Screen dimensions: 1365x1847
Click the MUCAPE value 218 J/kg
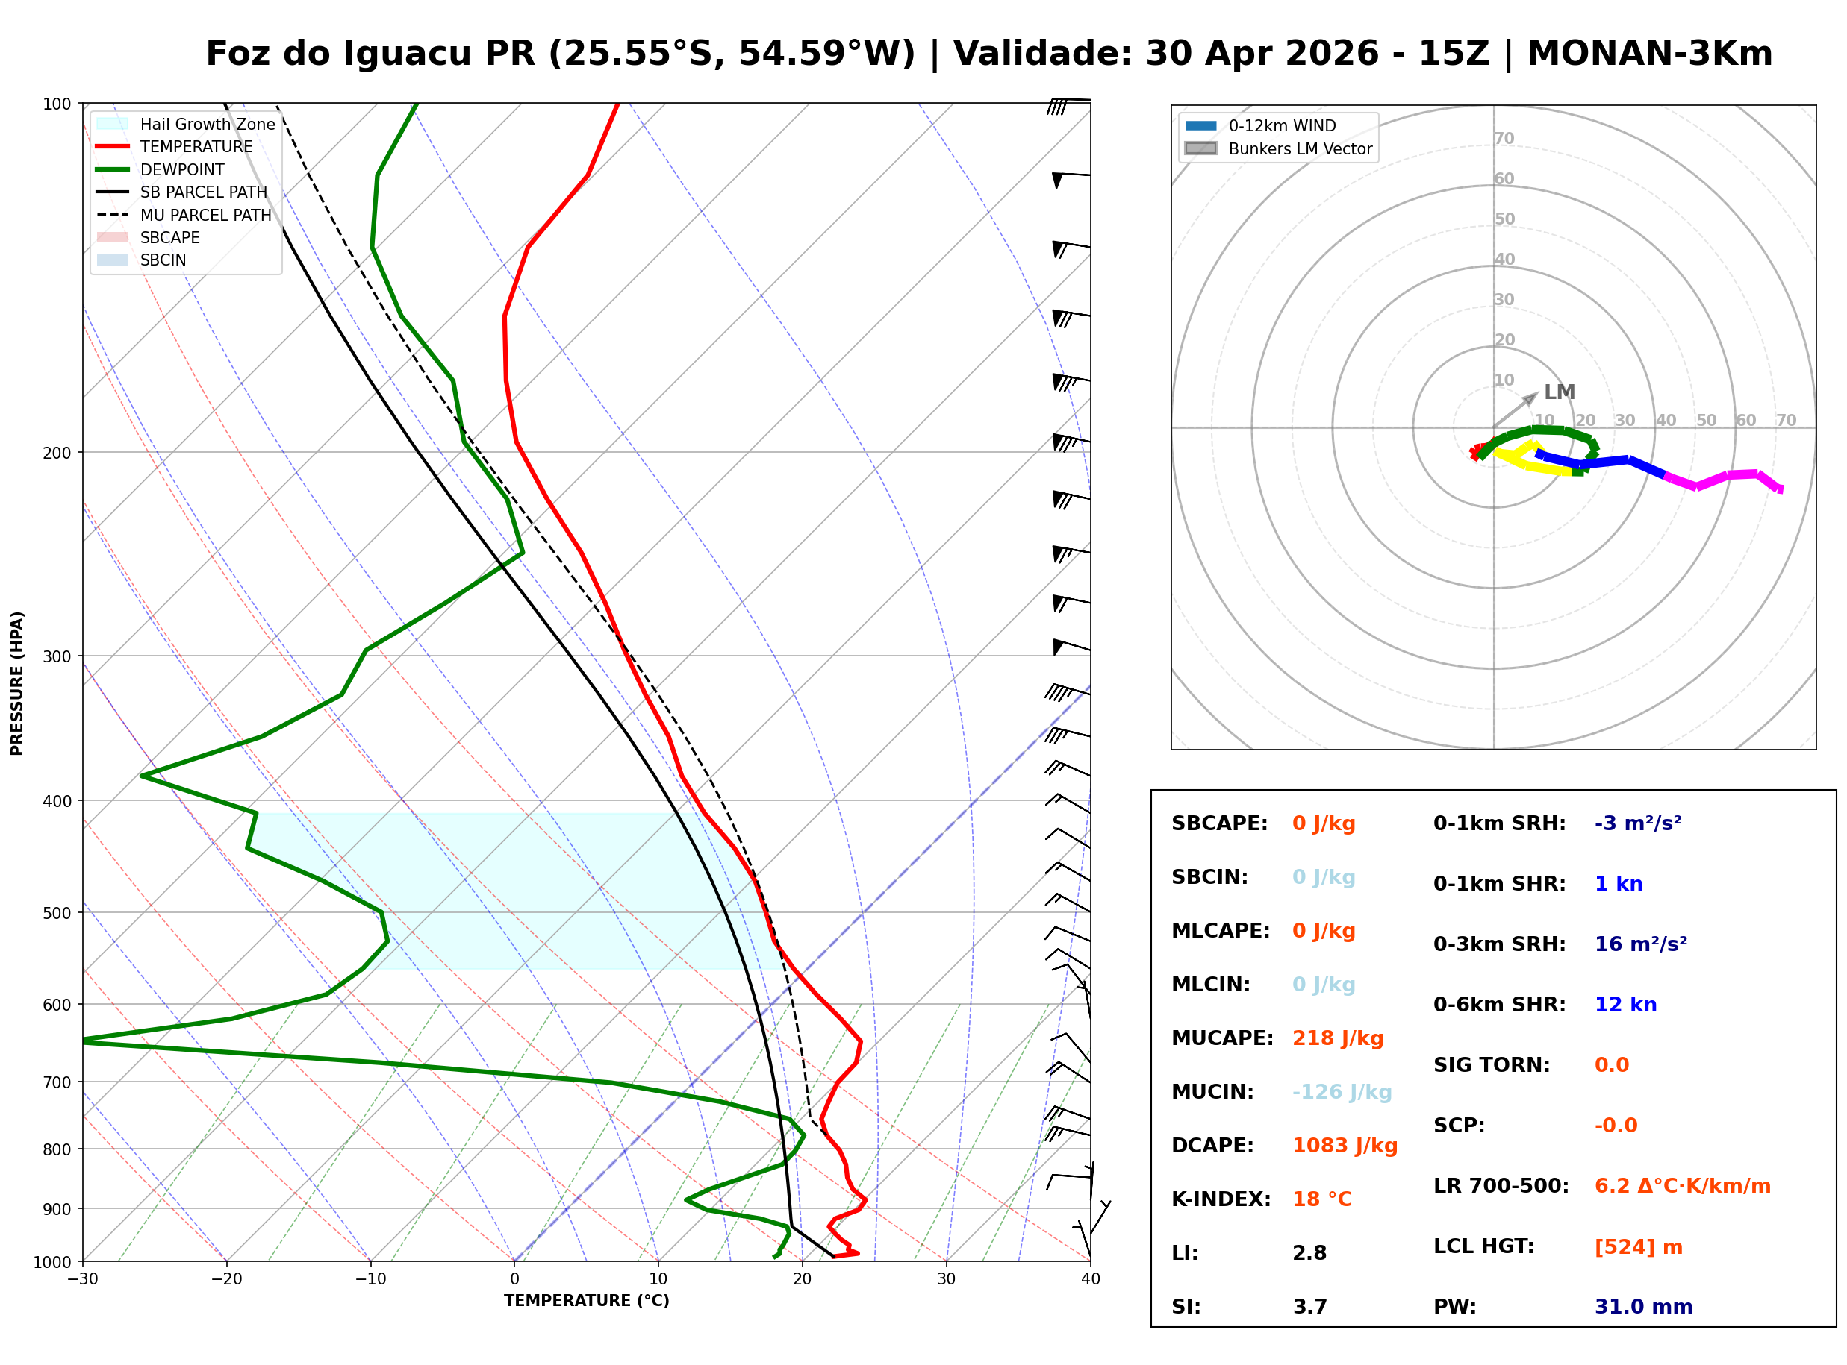(x=1337, y=1038)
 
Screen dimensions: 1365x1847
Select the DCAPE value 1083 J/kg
(x=1345, y=1145)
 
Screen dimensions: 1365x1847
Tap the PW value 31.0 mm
(x=1642, y=1306)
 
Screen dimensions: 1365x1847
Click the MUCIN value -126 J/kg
(x=1341, y=1091)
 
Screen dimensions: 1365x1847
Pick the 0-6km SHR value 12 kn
(x=1625, y=1004)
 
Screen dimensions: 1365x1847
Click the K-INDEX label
(x=1221, y=1199)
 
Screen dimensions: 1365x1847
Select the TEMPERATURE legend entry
(x=196, y=146)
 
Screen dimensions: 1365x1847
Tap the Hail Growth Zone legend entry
(x=207, y=124)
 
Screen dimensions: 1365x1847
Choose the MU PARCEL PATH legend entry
(x=205, y=215)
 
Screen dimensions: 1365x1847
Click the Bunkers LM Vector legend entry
(x=1300, y=148)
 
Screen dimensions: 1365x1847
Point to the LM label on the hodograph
(x=1560, y=392)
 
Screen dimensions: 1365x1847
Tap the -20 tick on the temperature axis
(x=225, y=1279)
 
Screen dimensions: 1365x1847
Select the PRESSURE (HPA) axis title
(x=17, y=682)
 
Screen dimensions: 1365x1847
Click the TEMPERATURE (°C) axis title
(x=586, y=1301)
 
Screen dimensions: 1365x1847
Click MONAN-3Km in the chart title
(x=1649, y=54)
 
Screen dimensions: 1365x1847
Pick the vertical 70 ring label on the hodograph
(x=1503, y=138)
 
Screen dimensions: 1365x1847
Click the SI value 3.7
(x=1309, y=1306)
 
